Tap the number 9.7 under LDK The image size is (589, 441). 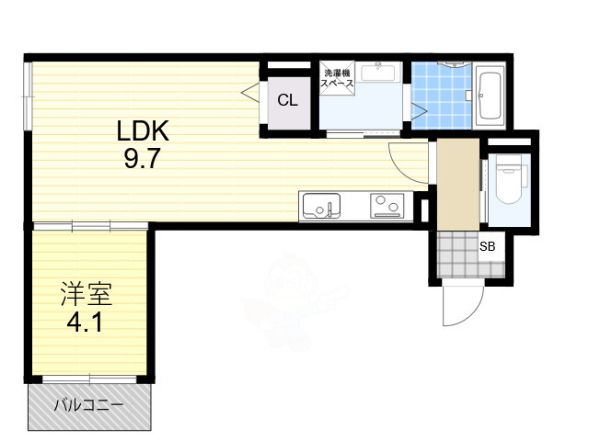(x=143, y=159)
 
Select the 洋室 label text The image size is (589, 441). (x=87, y=296)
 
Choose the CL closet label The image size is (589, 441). (x=287, y=100)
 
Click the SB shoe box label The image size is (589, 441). (x=487, y=246)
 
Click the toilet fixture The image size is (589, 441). (x=507, y=182)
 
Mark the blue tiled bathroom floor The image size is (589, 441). (x=439, y=96)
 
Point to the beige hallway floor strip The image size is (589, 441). (x=456, y=184)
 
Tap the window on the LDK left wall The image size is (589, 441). (x=29, y=93)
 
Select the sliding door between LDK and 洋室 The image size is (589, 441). (x=90, y=226)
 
